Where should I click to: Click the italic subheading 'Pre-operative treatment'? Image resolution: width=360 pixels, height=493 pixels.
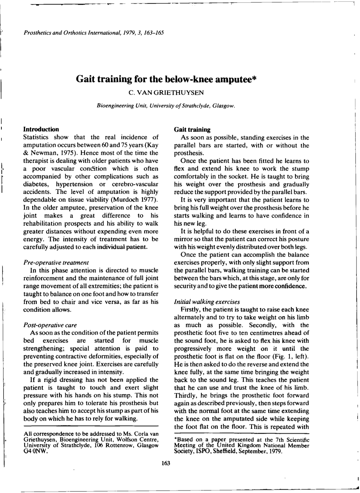pos(55,262)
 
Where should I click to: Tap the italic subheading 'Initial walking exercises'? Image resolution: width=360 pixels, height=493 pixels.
pos(207,302)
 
